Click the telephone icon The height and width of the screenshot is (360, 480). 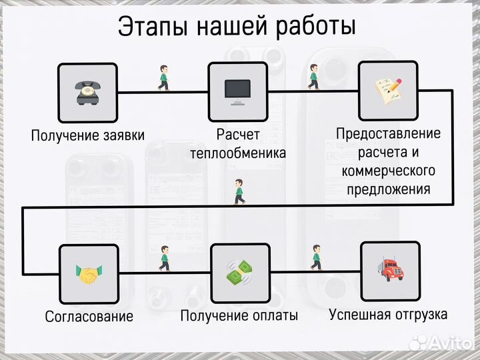[x=88, y=93]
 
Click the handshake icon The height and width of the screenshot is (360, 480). [x=89, y=273]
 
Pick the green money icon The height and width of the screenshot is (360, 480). [x=239, y=273]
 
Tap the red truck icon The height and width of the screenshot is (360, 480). [x=390, y=270]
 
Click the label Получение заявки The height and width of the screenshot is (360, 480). [x=88, y=136]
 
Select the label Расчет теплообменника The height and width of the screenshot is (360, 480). [x=238, y=143]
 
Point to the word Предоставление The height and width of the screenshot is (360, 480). [x=388, y=133]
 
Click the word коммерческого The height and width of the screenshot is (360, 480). [x=388, y=171]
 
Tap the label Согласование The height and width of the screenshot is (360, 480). [x=89, y=316]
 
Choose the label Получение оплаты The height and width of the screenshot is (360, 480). [x=239, y=315]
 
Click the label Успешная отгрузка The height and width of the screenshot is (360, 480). [x=389, y=314]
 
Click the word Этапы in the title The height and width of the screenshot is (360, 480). [x=151, y=27]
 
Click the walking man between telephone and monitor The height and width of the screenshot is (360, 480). [x=163, y=77]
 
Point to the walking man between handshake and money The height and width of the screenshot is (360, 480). [x=164, y=257]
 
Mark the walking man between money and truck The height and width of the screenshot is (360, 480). [x=316, y=257]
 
